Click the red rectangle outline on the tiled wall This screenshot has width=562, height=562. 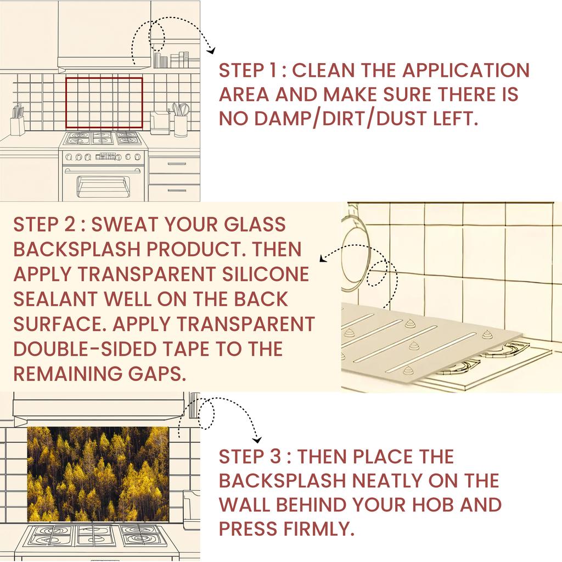[x=104, y=78]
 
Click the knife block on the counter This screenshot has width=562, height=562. [x=18, y=122]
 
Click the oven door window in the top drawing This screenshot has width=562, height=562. [x=103, y=186]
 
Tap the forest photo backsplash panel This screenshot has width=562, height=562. [x=98, y=473]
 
